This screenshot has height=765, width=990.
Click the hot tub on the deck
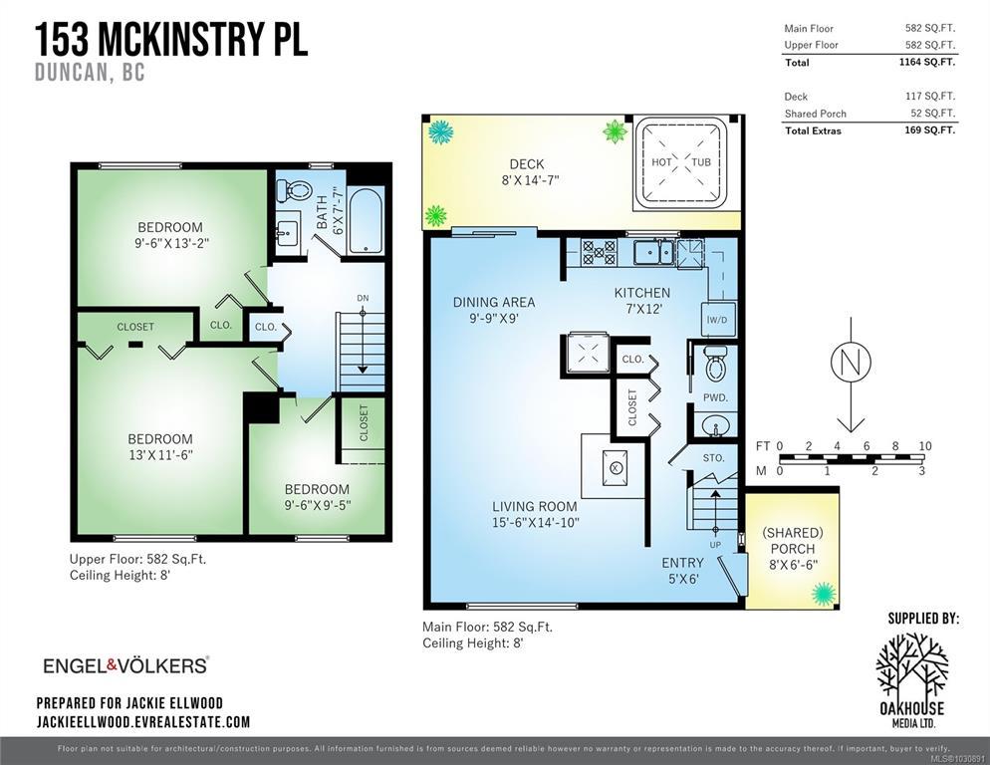coord(680,162)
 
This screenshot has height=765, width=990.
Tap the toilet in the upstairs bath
coord(293,189)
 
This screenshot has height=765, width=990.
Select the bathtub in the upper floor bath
coord(365,220)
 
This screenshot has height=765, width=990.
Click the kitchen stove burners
coord(598,251)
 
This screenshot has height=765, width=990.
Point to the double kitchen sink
coord(654,252)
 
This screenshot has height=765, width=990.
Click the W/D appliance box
coord(717,319)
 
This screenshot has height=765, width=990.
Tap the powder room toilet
coord(715,364)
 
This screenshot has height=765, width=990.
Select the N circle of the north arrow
coord(851,363)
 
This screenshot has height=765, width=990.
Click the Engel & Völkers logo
coord(125,665)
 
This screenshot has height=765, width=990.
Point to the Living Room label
coord(535,506)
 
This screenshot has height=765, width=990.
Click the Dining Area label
coord(494,302)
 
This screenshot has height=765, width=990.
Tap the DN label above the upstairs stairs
coord(363,298)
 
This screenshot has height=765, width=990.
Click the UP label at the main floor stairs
coord(715,545)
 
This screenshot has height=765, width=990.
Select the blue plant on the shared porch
coord(823,594)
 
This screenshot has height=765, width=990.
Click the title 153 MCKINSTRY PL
coord(171,39)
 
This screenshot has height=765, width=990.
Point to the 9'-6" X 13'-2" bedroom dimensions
coord(171,243)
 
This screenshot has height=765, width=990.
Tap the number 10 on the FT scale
coord(925,446)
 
